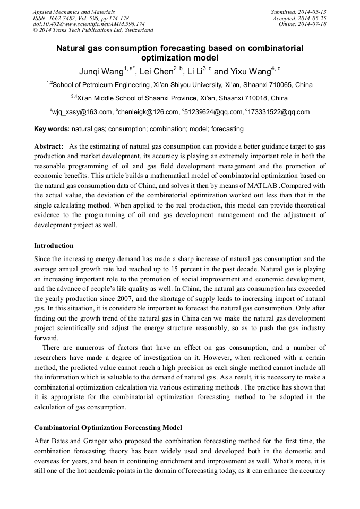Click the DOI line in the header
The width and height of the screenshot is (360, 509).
click(89, 24)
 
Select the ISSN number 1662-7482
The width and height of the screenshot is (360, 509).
click(67, 18)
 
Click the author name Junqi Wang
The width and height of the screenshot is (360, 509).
click(101, 72)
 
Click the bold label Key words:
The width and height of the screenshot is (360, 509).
click(52, 129)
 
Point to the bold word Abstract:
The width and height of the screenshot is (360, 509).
click(49, 146)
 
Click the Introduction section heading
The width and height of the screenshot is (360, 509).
click(54, 246)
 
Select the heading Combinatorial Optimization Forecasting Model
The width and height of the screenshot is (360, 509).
click(108, 427)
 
